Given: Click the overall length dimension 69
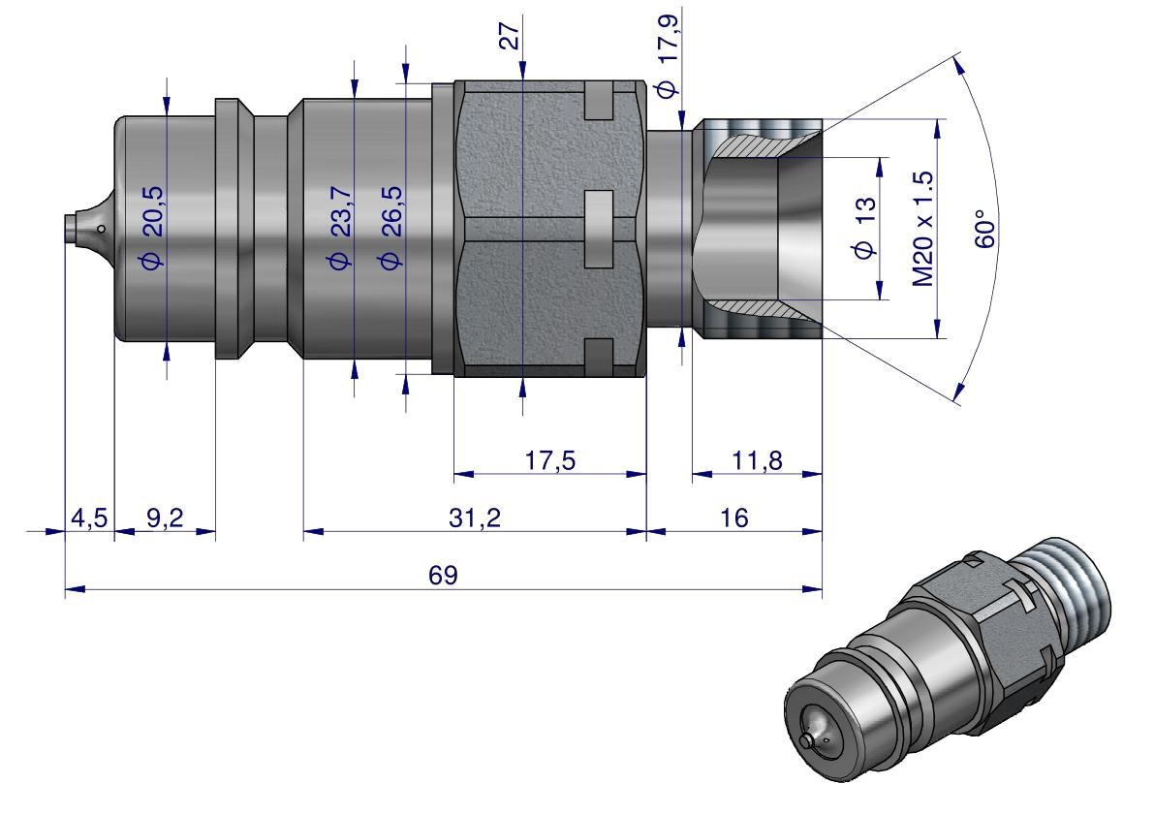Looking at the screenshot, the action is click(x=443, y=575).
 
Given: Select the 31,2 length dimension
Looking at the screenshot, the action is click(x=475, y=518).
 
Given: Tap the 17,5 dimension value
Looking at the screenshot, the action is click(x=549, y=460).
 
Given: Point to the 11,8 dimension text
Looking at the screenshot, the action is click(x=757, y=460).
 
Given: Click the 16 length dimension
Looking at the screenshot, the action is click(x=733, y=518).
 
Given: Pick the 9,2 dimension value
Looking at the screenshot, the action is click(x=165, y=518).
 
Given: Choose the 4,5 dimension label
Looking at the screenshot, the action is click(x=89, y=518).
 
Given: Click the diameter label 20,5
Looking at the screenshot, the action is click(x=153, y=226).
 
